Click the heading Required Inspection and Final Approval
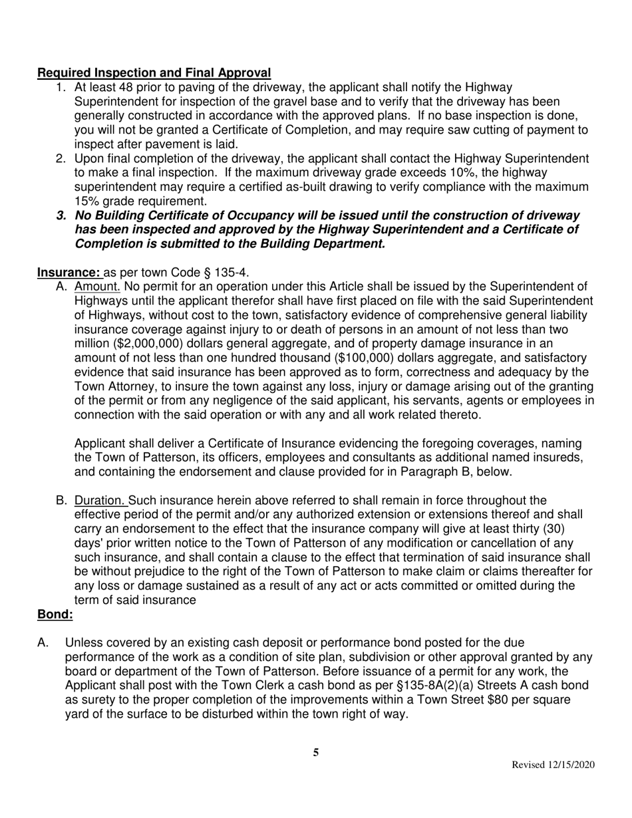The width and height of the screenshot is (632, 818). tap(154, 72)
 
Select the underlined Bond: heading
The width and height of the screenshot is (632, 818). tap(55, 614)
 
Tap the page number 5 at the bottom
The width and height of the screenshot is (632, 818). tap(316, 753)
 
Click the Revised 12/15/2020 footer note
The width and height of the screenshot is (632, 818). tap(552, 765)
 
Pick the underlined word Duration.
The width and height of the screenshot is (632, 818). tap(101, 500)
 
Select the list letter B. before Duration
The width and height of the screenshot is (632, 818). tap(62, 500)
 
